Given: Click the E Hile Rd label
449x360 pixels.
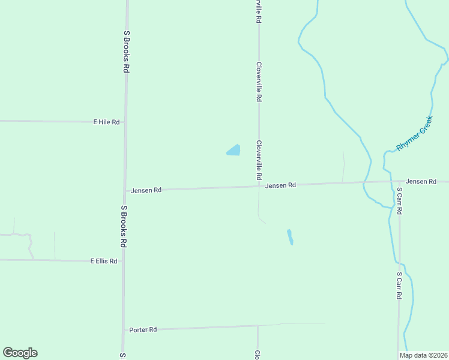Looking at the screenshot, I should point(106,122).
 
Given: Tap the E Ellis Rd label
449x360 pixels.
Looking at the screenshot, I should point(103,261).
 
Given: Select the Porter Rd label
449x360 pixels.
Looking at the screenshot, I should point(143,329).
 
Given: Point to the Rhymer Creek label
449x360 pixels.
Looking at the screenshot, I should point(414,133).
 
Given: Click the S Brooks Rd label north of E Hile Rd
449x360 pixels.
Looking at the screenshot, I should point(127,52).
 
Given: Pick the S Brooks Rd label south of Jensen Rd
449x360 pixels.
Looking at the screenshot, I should point(124,226).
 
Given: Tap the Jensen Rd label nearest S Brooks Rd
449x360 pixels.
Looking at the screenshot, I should point(146,190).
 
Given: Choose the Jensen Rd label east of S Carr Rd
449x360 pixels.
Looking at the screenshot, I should point(421,181).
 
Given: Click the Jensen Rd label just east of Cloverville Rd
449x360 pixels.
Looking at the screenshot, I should point(281,185).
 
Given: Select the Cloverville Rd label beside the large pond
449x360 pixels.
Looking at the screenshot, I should point(259,161).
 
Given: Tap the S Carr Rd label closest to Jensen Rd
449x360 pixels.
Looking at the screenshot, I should point(399,202).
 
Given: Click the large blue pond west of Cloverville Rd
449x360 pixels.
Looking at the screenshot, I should point(234,151).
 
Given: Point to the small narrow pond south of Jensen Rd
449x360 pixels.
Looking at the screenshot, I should point(291,237).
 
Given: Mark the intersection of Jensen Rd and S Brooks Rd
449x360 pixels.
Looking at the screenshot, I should point(125,191).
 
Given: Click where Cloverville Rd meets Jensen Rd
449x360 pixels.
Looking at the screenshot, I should point(259,186).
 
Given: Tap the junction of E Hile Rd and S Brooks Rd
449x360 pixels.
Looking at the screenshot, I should point(126,122).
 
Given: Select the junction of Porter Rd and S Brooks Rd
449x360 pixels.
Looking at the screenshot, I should point(124,330).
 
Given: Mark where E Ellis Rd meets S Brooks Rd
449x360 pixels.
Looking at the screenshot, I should point(124,261).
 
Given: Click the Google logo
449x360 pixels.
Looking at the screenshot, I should point(20,353).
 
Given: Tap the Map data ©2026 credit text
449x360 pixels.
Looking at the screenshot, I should point(424,355).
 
